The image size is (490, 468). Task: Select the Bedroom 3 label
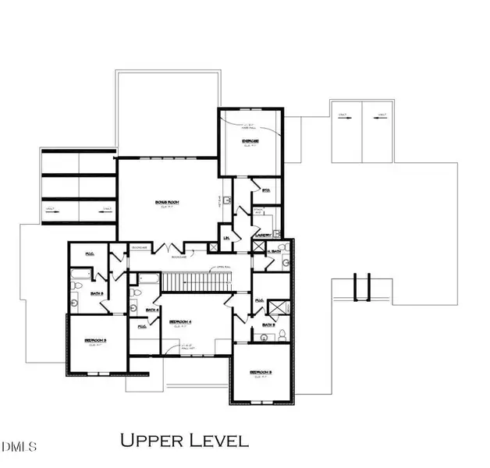click(x=95, y=341)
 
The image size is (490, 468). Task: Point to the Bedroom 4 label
click(x=183, y=321)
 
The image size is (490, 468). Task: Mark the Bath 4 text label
click(x=153, y=310)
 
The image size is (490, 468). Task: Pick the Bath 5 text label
click(x=268, y=324)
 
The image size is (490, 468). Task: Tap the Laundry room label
click(x=262, y=235)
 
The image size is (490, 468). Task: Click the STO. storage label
click(x=265, y=189)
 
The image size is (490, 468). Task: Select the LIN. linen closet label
click(x=226, y=238)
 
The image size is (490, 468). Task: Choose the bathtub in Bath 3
click(x=80, y=274)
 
